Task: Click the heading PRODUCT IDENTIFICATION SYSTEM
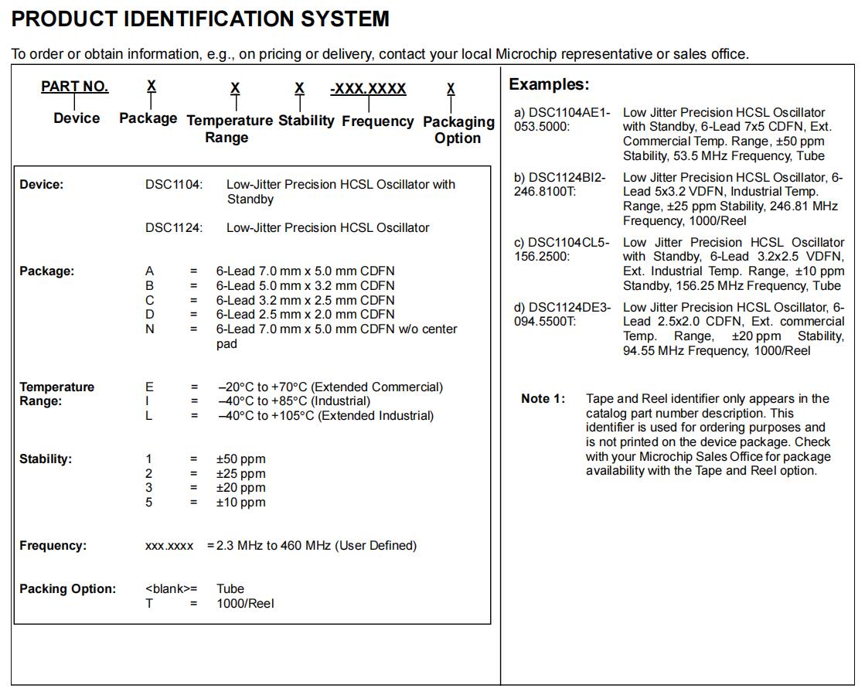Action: tap(200, 19)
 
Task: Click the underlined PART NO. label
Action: tap(75, 87)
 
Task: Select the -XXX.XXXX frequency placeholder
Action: tap(368, 89)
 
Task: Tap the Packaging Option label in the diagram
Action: tap(458, 130)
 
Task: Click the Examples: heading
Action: tap(549, 84)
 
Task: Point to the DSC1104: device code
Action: tap(174, 185)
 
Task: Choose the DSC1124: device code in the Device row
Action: tap(174, 228)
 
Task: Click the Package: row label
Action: tap(47, 271)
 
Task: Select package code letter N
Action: tap(150, 329)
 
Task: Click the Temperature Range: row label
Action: tap(56, 394)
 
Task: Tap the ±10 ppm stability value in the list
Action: tap(240, 503)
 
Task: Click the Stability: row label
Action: tap(46, 459)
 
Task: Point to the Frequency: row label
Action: tap(53, 546)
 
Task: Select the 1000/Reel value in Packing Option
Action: tap(245, 603)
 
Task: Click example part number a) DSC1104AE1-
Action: tap(562, 113)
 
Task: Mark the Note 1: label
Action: tap(543, 399)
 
